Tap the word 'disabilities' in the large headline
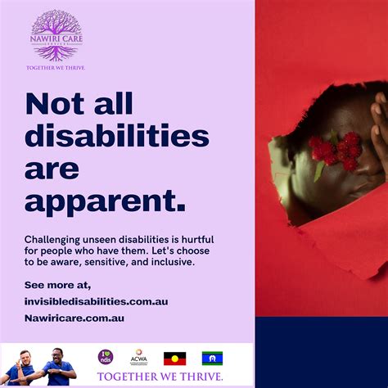click(x=116, y=136)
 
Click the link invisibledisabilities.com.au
click(x=96, y=301)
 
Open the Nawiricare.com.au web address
click(x=74, y=318)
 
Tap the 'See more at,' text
click(x=57, y=285)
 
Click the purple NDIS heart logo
click(x=106, y=357)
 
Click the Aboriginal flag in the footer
click(x=174, y=358)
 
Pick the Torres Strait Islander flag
click(x=212, y=358)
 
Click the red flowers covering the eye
click(x=335, y=151)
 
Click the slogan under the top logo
click(x=56, y=68)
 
